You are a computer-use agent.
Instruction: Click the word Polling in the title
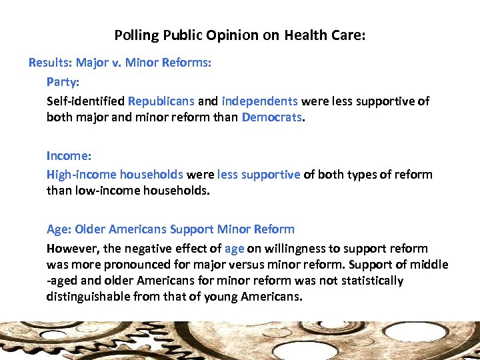(132, 35)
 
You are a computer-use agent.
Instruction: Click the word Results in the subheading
(49, 63)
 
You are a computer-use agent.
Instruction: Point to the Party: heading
(63, 82)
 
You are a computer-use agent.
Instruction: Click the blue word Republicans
(161, 101)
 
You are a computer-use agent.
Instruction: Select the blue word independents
(259, 101)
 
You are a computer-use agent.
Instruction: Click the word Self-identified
(85, 101)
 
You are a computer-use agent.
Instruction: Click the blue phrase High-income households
(115, 175)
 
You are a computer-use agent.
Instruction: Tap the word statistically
(369, 281)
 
